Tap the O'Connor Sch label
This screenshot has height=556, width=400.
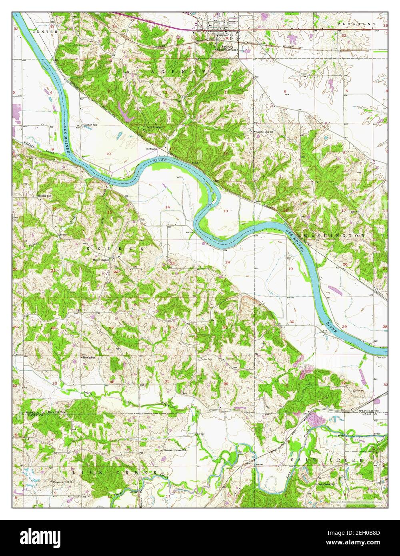[89, 125]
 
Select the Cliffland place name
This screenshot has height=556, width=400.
[151, 149]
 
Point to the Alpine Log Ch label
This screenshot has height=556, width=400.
[264, 132]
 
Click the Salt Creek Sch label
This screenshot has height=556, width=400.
[326, 484]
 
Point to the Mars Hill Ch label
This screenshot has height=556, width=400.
[56, 412]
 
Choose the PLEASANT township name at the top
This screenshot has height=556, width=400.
[356, 24]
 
